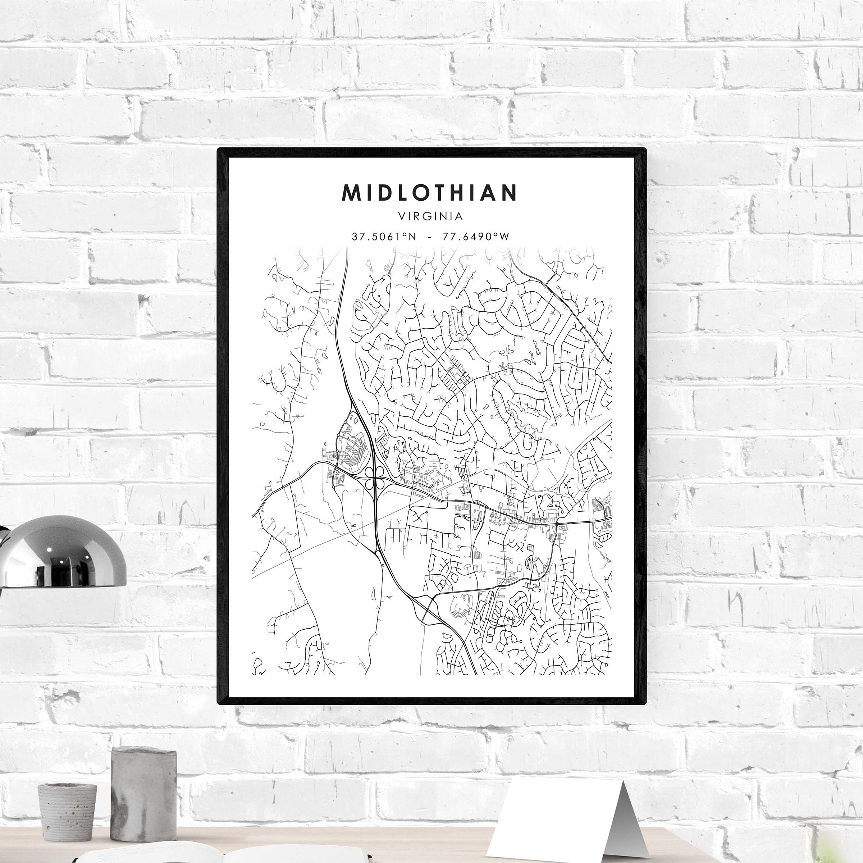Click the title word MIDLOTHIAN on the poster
(429, 192)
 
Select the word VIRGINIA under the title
(431, 216)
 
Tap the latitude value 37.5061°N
(384, 237)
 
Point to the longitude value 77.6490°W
(476, 237)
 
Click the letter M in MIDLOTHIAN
(352, 192)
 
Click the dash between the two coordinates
(429, 237)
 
